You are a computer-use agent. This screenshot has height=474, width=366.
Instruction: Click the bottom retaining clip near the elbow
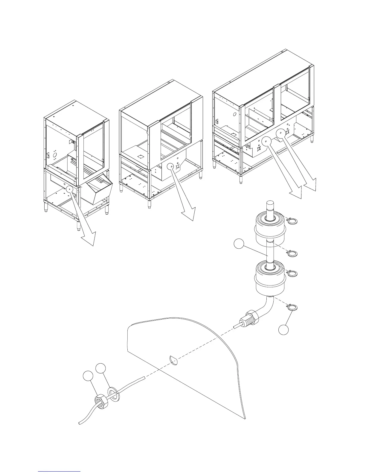[292, 307]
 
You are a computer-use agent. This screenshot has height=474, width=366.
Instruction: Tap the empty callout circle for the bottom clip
[283, 330]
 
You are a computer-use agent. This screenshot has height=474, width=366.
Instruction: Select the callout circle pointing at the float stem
[239, 244]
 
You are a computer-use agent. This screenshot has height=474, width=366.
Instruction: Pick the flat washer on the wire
[114, 393]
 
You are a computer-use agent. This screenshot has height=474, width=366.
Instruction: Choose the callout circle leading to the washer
[100, 368]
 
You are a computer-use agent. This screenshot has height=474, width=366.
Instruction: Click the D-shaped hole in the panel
[174, 360]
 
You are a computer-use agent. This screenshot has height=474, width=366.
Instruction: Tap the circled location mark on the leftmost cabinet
[69, 189]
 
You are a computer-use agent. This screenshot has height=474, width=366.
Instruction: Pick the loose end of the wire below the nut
[80, 423]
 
